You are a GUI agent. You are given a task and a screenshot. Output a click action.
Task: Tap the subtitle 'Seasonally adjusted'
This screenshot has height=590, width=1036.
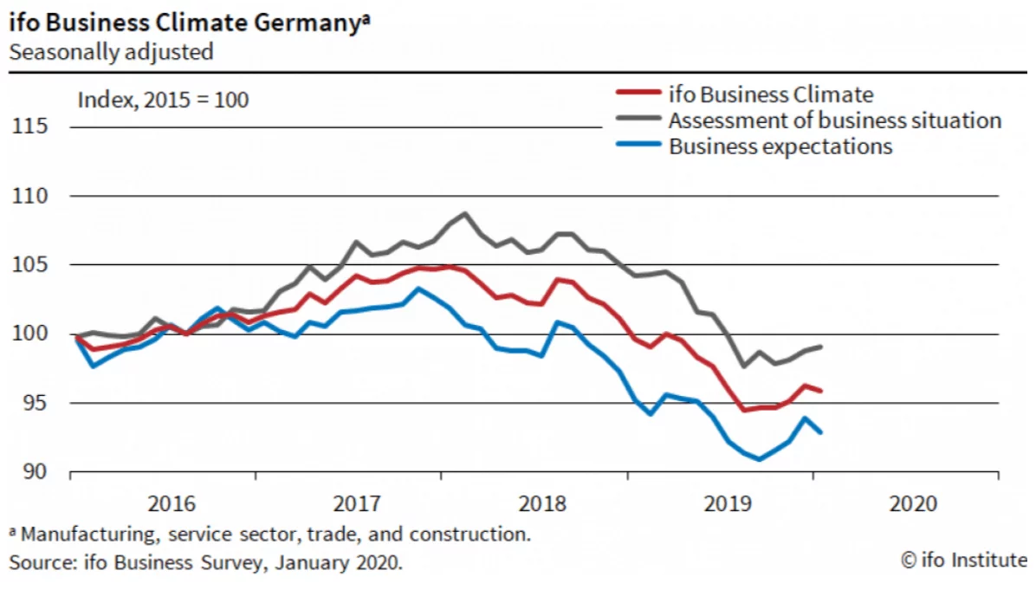tap(111, 51)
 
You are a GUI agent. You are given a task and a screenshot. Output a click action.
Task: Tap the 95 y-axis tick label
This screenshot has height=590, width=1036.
tap(33, 403)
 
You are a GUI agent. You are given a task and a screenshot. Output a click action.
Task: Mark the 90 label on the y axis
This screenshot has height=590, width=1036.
tap(33, 472)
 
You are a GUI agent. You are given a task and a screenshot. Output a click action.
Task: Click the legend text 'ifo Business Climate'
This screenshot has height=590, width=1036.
tap(771, 94)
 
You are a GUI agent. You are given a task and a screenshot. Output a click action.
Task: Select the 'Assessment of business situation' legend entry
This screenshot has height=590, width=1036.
tap(835, 120)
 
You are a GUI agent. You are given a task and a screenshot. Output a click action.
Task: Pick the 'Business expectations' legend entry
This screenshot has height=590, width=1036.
tap(780, 146)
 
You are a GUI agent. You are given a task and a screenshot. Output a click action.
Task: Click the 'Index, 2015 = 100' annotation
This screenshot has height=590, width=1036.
tap(164, 100)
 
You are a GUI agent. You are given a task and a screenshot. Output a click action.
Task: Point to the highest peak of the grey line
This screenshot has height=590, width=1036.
tap(465, 213)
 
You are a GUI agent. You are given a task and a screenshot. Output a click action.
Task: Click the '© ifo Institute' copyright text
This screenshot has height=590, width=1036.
tap(964, 561)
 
